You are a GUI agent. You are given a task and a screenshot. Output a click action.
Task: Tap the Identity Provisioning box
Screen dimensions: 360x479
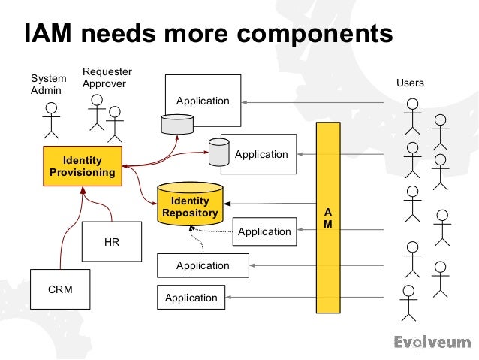[x=82, y=167]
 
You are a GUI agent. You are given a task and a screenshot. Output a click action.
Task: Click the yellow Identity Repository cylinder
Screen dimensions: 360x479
[x=191, y=205]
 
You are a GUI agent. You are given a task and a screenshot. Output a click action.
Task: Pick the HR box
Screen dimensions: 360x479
[x=111, y=242]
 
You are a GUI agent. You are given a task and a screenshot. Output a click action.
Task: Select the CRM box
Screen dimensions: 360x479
[x=59, y=289]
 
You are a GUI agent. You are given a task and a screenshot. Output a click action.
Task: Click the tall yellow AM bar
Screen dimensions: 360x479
[x=327, y=218]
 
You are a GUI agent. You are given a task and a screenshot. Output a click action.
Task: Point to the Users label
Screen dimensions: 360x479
[x=410, y=83]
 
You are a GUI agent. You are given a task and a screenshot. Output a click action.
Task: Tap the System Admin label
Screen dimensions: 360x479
[x=48, y=84]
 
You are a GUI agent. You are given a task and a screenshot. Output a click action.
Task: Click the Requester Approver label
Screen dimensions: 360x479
[x=107, y=77]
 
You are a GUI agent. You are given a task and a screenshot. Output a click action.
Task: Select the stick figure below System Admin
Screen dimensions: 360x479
[x=50, y=120]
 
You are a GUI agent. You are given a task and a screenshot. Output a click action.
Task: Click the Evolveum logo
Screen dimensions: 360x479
[x=432, y=343]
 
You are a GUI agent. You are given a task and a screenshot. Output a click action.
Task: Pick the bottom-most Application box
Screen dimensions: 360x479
[x=191, y=298]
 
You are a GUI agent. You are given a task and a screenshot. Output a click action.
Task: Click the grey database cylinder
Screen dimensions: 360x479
[x=218, y=153]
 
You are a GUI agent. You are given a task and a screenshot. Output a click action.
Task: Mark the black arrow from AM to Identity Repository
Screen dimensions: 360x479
[x=270, y=204]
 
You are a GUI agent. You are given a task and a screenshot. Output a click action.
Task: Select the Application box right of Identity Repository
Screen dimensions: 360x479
[x=264, y=232]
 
